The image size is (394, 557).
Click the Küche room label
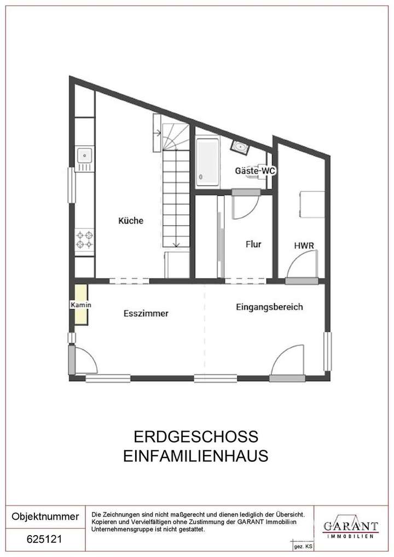tap(131, 221)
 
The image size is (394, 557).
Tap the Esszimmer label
tap(146, 314)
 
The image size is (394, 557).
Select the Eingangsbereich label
tap(269, 307)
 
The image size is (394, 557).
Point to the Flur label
tap(253, 245)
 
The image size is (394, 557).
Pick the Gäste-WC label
tap(254, 171)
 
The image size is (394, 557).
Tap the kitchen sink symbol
tap(84, 156)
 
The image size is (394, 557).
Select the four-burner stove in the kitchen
tap(84, 240)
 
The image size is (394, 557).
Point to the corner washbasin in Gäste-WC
tap(240, 147)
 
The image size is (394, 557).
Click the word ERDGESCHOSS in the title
tap(195, 437)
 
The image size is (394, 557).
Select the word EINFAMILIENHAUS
tap(195, 456)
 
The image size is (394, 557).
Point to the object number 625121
tap(45, 539)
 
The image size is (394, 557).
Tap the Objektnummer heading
tap(45, 516)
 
